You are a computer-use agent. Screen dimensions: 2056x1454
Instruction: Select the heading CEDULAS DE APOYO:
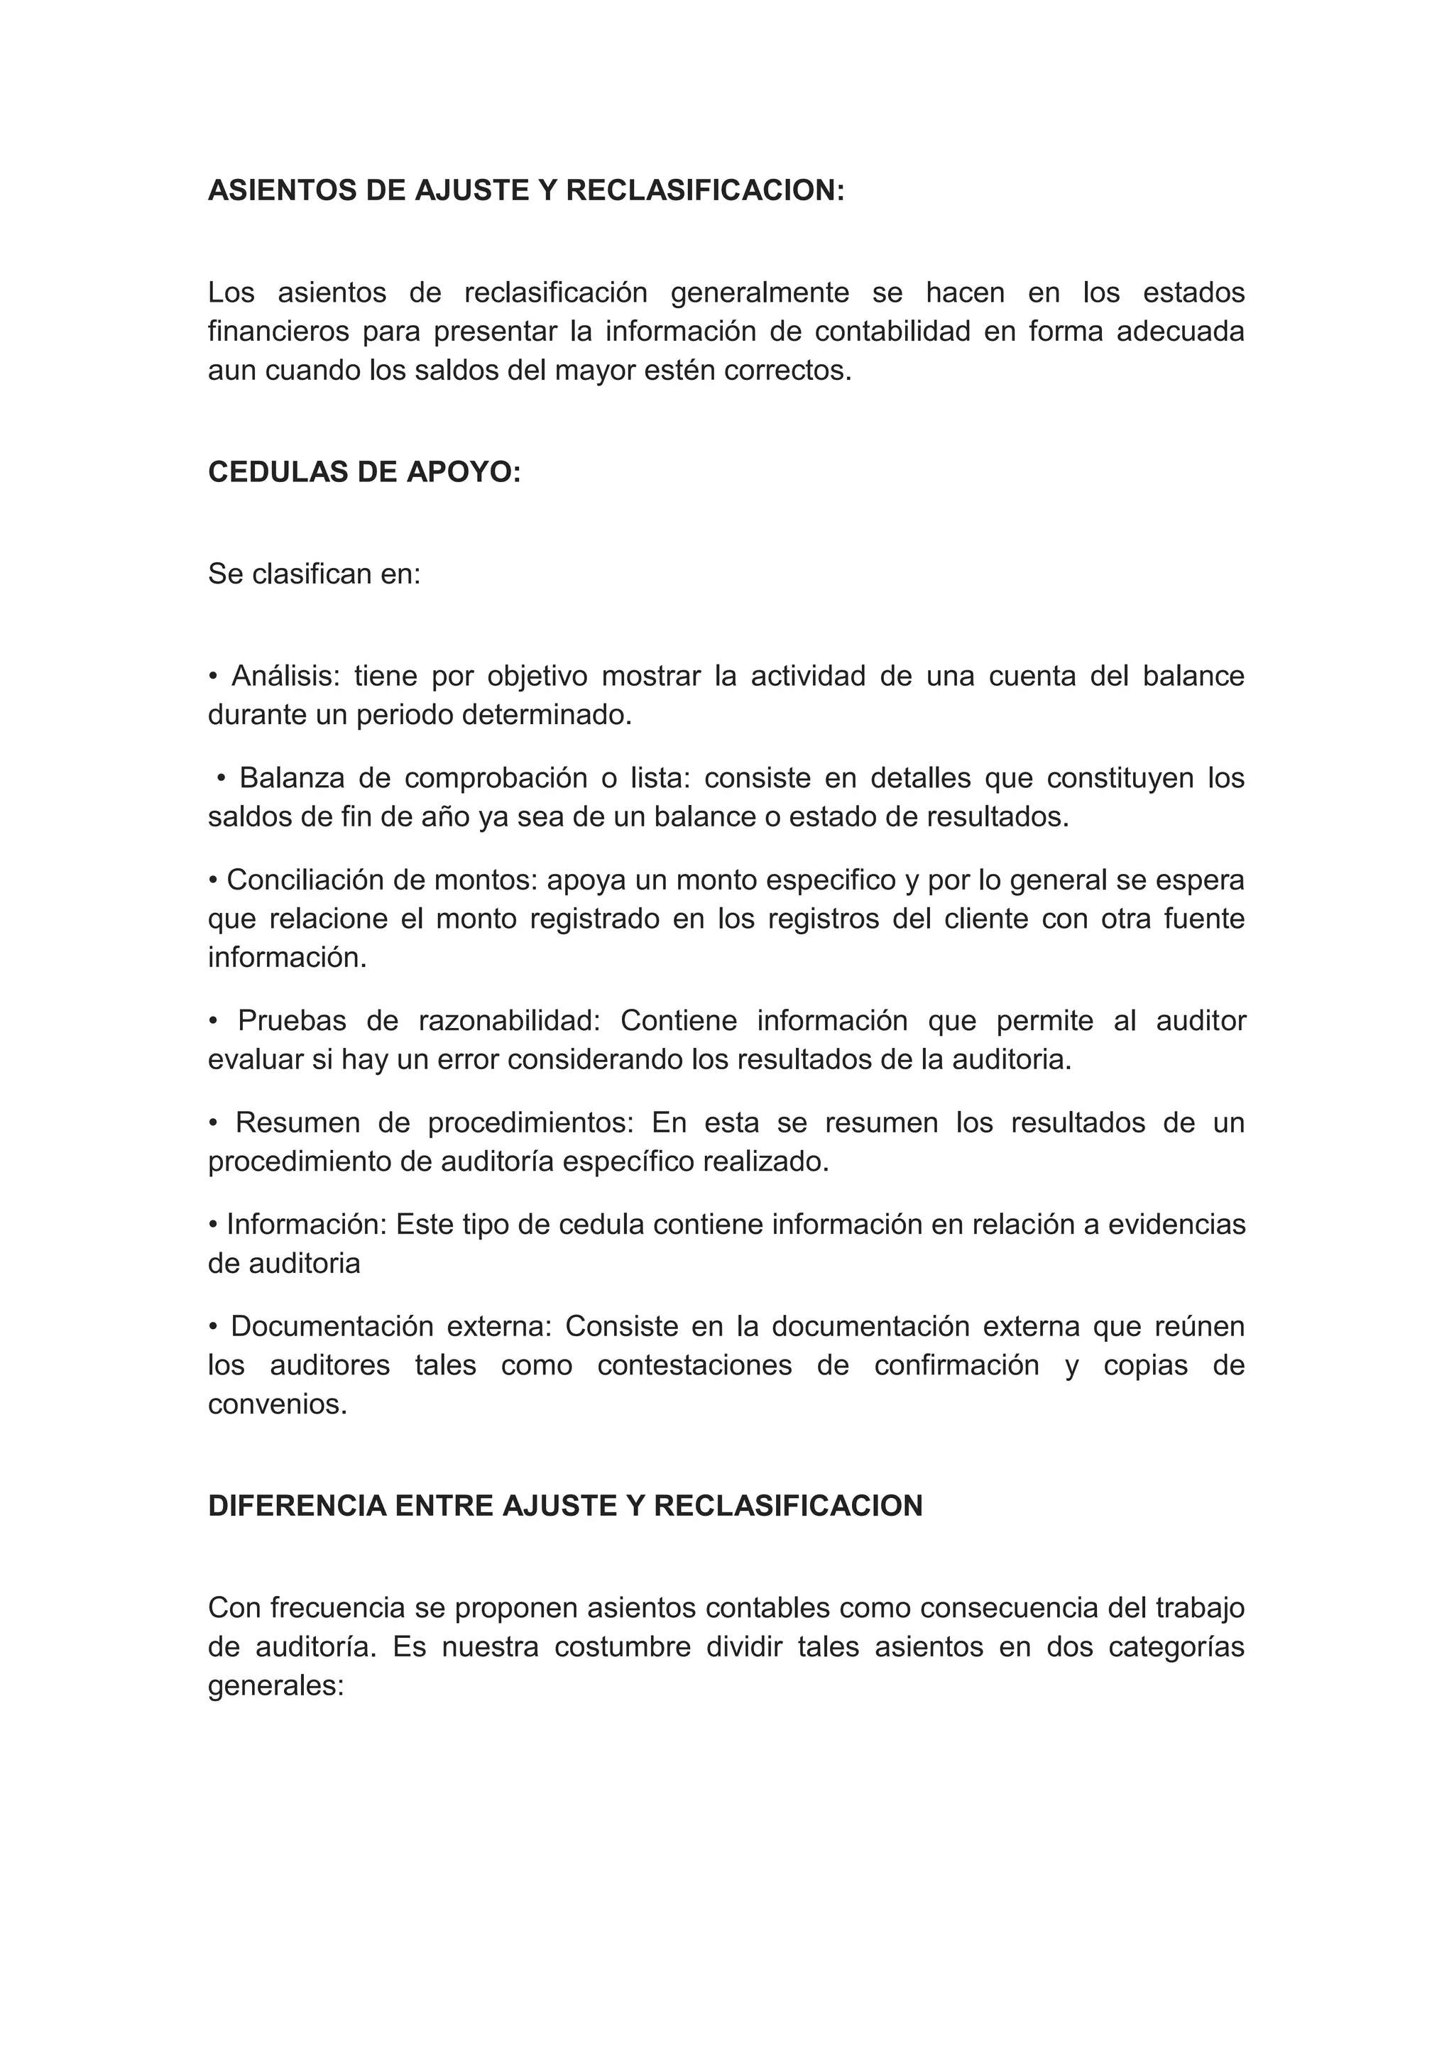point(364,472)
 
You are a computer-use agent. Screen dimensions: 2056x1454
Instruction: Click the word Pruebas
point(291,1021)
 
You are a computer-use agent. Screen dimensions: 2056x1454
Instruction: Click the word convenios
point(277,1404)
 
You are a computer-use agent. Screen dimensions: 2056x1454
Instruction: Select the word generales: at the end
point(275,1686)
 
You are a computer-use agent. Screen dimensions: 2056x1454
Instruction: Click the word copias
point(1145,1367)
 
